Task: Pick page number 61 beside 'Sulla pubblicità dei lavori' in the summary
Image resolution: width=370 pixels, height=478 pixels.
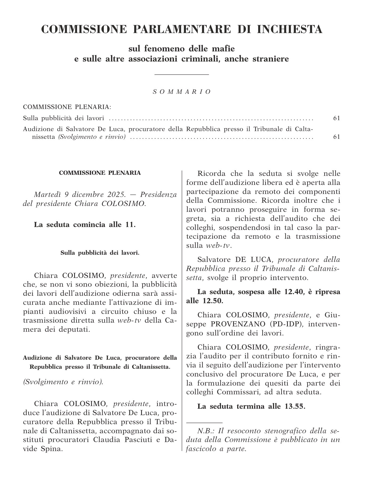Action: click(x=336, y=118)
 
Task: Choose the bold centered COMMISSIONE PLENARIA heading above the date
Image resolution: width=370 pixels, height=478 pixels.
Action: click(x=100, y=173)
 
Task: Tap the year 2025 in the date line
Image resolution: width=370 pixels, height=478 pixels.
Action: click(x=118, y=195)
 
